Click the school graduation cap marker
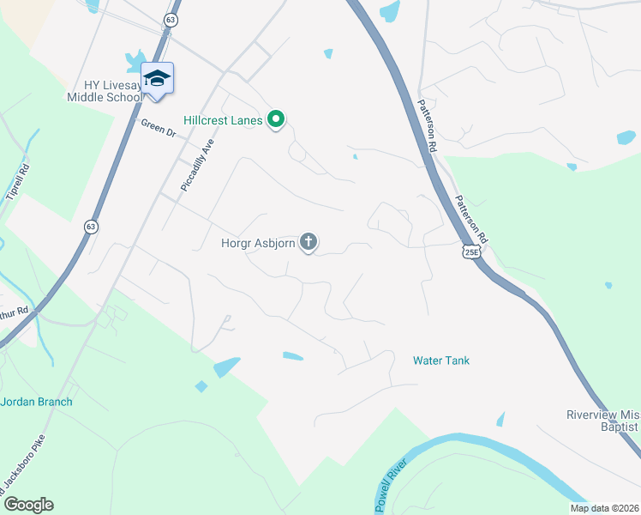[x=157, y=79]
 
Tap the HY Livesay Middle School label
[x=105, y=90]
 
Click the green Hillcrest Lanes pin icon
[x=276, y=120]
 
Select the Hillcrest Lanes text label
[x=222, y=120]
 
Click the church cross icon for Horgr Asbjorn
[x=309, y=243]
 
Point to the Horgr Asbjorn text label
[x=258, y=243]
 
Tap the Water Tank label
[x=440, y=360]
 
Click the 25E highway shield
[x=470, y=251]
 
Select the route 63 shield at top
[x=171, y=19]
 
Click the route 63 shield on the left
[x=90, y=226]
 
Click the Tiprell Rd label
[x=18, y=181]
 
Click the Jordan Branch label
[x=36, y=402]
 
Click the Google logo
[x=28, y=505]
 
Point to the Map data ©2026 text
[x=604, y=508]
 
